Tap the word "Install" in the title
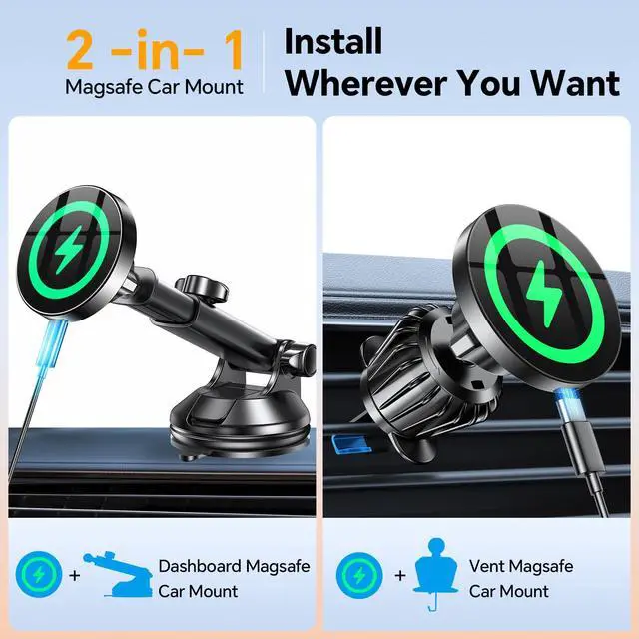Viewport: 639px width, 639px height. point(333,41)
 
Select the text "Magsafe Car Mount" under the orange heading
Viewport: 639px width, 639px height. point(154,87)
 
